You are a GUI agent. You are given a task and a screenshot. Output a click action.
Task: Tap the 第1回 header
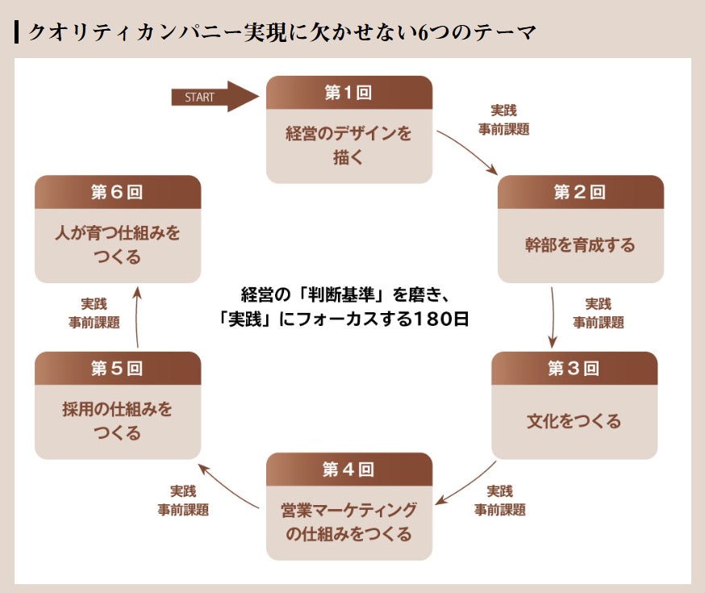coord(348,93)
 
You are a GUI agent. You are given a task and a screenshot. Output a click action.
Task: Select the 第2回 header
coord(580,192)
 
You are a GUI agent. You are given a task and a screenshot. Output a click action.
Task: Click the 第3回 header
coord(574,369)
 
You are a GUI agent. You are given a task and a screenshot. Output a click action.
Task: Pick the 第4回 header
coord(348,470)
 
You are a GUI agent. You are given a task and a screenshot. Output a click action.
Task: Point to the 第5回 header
coord(118,369)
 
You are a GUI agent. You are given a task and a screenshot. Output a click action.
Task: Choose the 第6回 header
coord(118,192)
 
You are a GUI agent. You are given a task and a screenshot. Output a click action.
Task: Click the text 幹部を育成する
coord(580,244)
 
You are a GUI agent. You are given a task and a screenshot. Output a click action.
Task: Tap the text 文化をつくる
coord(574,421)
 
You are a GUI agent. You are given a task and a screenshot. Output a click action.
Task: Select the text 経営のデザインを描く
coord(348,145)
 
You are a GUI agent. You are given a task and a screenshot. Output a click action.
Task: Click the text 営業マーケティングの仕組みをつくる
coord(348,522)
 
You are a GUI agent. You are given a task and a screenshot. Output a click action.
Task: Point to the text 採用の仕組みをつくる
coord(118,421)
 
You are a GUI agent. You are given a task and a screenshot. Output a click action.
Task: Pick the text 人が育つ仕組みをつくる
coord(118,245)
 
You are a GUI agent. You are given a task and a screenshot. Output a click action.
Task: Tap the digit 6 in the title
coord(425,33)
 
